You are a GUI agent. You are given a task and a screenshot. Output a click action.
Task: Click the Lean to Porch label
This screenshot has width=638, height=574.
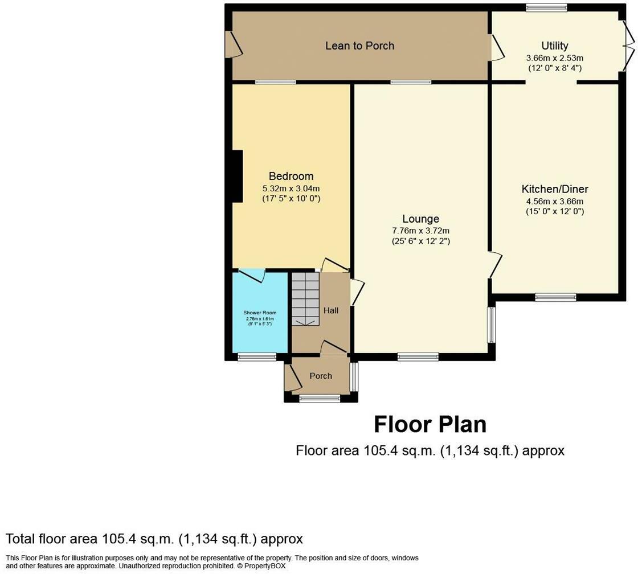coord(359,46)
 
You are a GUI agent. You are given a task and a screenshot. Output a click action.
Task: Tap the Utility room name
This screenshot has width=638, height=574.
coord(555,46)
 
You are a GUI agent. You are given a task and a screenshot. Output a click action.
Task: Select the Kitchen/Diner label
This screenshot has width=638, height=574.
coord(555,189)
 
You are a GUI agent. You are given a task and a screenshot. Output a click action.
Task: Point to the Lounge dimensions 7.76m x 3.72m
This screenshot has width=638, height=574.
coord(420,231)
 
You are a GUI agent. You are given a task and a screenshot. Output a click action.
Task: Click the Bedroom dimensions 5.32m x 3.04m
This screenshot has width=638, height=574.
coord(291,188)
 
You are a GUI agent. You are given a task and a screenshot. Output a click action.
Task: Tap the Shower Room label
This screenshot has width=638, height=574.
coord(260,313)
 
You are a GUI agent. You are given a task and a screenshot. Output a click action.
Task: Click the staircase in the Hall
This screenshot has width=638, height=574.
coord(306,298)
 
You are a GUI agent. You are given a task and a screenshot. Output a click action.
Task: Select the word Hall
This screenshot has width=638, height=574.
coord(331,310)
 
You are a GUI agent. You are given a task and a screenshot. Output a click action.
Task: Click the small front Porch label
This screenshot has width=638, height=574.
coord(321,376)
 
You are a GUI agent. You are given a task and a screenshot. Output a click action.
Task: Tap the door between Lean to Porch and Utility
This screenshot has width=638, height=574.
coord(497,47)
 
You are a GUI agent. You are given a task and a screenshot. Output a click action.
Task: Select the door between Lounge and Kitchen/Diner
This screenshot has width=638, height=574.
coord(496,265)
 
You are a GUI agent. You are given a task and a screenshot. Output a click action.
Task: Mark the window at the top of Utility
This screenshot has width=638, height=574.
coord(546,7)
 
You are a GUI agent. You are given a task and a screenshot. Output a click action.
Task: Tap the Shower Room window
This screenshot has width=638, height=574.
coord(256,357)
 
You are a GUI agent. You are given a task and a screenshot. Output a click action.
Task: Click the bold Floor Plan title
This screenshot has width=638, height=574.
coord(430,425)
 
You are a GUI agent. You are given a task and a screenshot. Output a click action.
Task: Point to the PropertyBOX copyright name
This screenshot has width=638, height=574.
coord(263,567)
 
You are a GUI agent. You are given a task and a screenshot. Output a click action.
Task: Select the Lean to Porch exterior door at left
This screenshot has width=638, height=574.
coord(233,44)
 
